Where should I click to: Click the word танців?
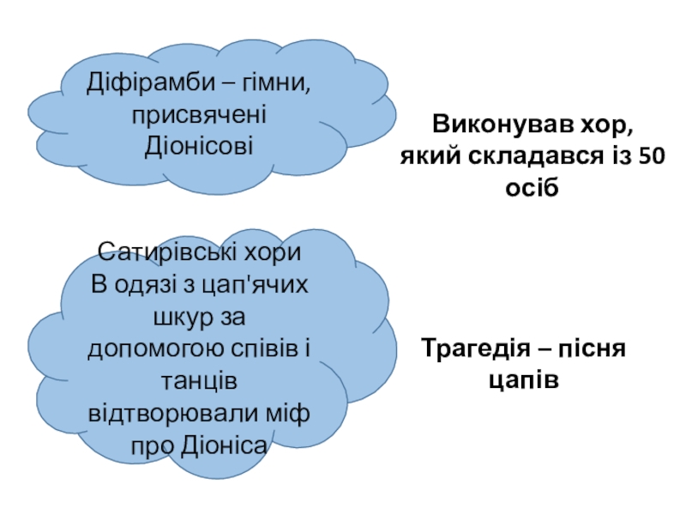coord(200,381)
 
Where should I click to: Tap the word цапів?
coord(524,380)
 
